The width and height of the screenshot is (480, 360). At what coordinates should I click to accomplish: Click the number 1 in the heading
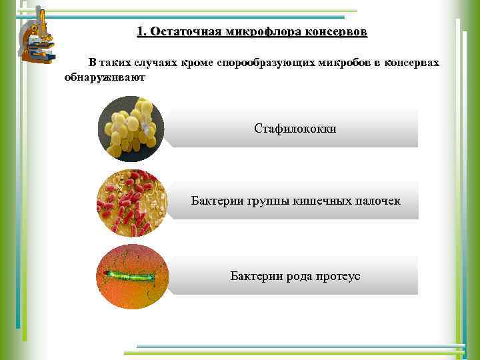(140, 32)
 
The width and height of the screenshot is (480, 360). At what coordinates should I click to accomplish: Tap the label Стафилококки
(295, 128)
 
